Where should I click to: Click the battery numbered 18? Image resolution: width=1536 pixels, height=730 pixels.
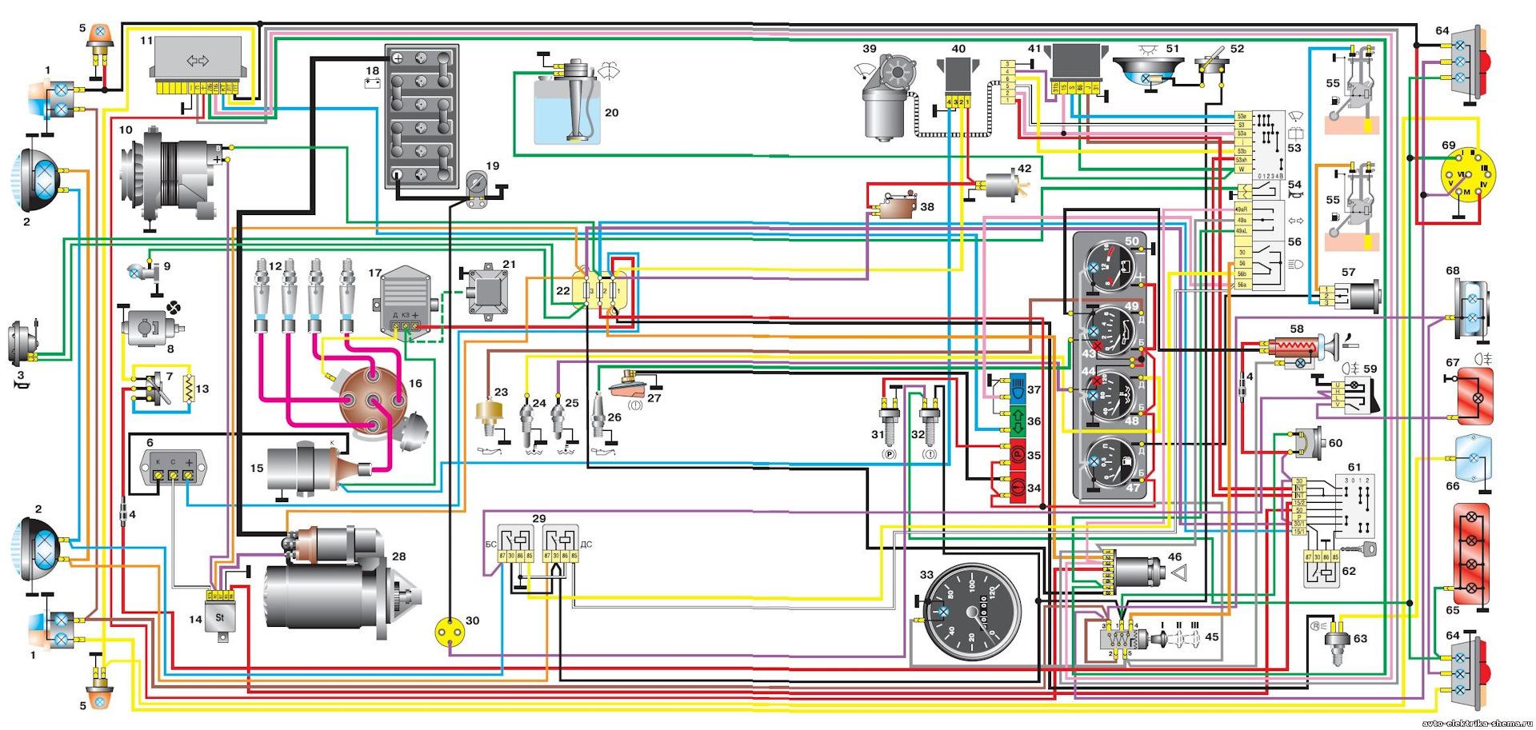point(422,116)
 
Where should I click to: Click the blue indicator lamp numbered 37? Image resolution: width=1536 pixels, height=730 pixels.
point(1017,389)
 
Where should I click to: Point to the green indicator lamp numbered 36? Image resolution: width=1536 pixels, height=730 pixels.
point(1017,421)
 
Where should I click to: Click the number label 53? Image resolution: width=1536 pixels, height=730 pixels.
point(1294,148)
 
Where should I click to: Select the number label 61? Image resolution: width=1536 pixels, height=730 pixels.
point(1354,468)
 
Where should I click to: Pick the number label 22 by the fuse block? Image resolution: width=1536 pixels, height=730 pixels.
point(563,290)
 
